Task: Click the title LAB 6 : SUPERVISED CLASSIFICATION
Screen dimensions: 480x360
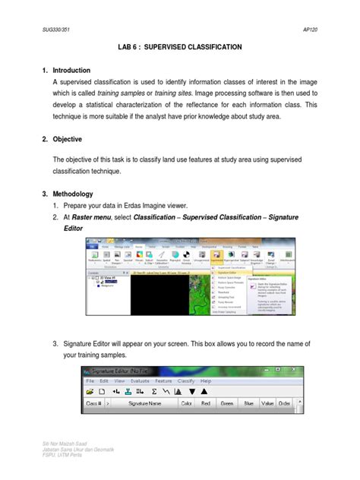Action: click(179, 47)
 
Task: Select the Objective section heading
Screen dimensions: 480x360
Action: click(73, 140)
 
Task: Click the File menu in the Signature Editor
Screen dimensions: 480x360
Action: click(90, 381)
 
